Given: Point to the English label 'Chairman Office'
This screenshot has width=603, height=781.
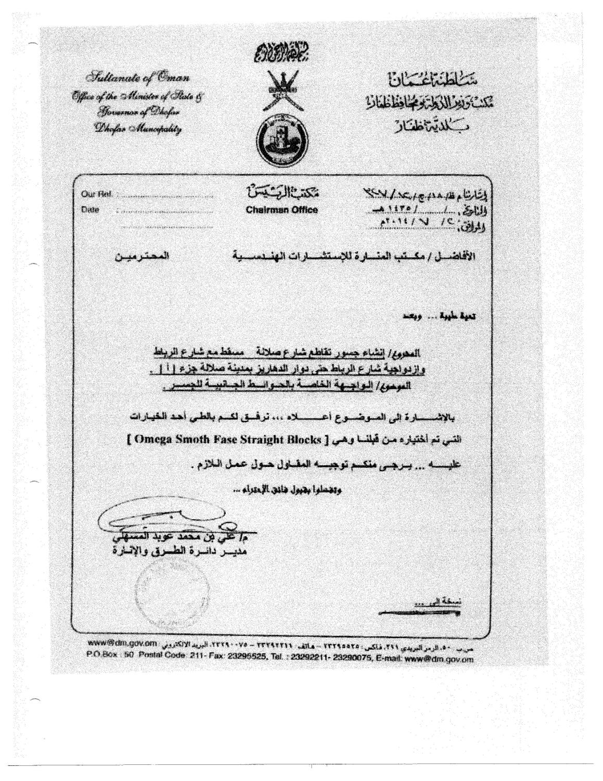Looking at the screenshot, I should coord(281,210).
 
